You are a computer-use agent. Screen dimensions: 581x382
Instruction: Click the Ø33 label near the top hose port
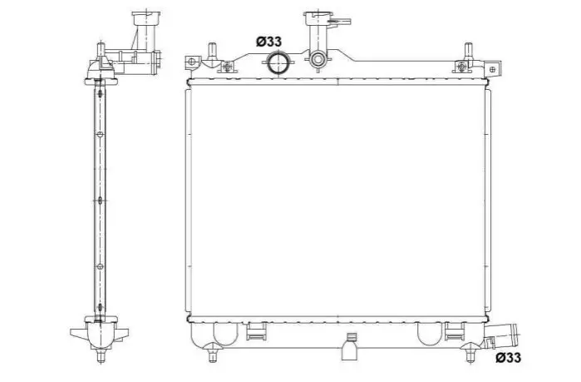268,42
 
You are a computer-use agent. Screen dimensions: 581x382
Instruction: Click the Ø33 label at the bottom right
508,357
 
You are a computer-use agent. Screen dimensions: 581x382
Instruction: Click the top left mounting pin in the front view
212,51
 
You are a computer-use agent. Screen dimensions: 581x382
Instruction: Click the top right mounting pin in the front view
468,51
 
